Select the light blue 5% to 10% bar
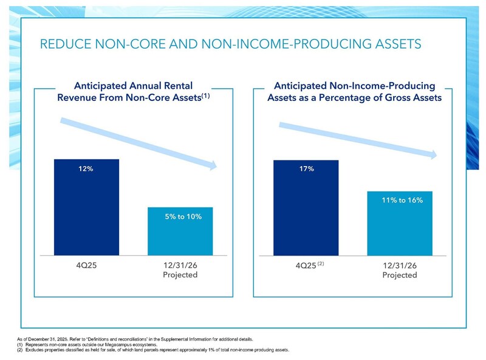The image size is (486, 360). [x=180, y=234]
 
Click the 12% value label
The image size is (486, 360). [x=86, y=169]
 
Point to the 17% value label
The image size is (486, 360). [x=306, y=169]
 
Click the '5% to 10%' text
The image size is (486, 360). [x=183, y=216]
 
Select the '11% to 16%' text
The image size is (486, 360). [x=403, y=200]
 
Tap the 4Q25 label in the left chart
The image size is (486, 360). [x=86, y=265]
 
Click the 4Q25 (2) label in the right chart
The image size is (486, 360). [x=306, y=266]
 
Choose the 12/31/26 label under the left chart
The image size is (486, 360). [x=180, y=265]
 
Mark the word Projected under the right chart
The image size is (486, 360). [x=400, y=275]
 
